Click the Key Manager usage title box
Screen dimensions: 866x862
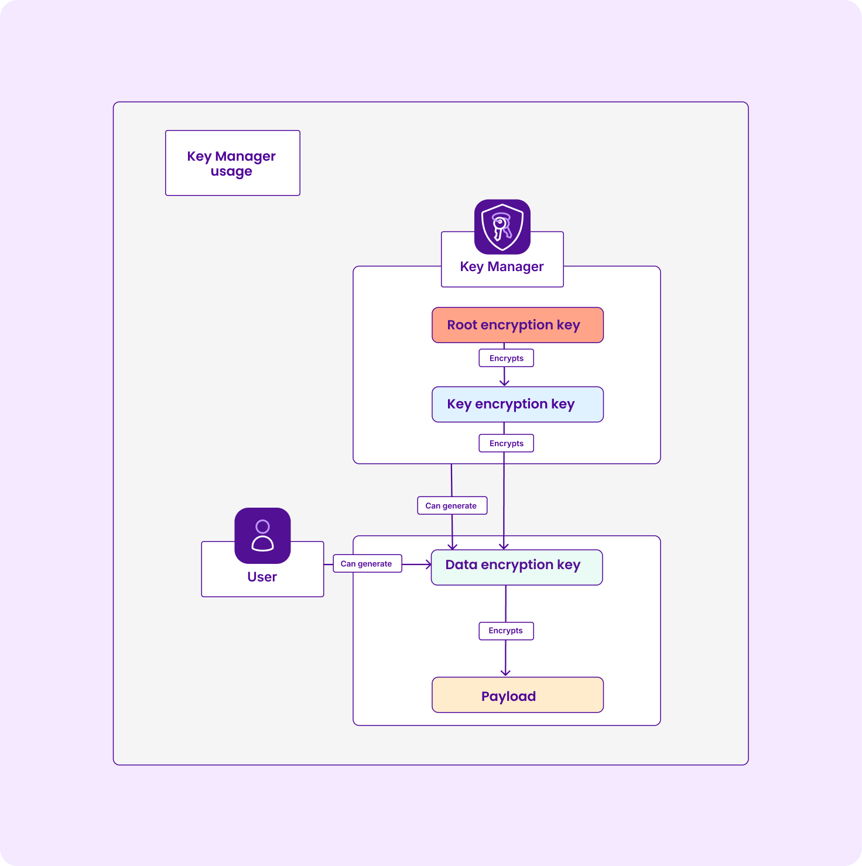(232, 163)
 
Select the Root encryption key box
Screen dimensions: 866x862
(517, 325)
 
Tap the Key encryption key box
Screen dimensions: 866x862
(517, 404)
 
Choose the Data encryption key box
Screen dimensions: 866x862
(516, 567)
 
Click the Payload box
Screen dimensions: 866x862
(517, 695)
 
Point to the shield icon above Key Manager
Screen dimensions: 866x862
(502, 227)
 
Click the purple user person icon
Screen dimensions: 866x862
(262, 535)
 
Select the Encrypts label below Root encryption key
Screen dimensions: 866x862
(506, 358)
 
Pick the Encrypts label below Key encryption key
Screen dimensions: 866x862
(506, 443)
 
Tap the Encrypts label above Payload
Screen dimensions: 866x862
(506, 631)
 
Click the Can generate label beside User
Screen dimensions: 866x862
(367, 563)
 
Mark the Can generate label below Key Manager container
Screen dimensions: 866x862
(451, 505)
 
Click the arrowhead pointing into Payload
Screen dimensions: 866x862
(505, 673)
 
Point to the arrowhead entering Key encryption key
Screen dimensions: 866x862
(504, 382)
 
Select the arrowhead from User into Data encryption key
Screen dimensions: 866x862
(428, 564)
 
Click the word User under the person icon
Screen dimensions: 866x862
(262, 577)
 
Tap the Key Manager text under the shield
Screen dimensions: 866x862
(502, 266)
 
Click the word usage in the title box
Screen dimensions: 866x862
(231, 172)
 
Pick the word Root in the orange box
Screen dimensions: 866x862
(462, 325)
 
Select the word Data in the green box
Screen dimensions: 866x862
(461, 564)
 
